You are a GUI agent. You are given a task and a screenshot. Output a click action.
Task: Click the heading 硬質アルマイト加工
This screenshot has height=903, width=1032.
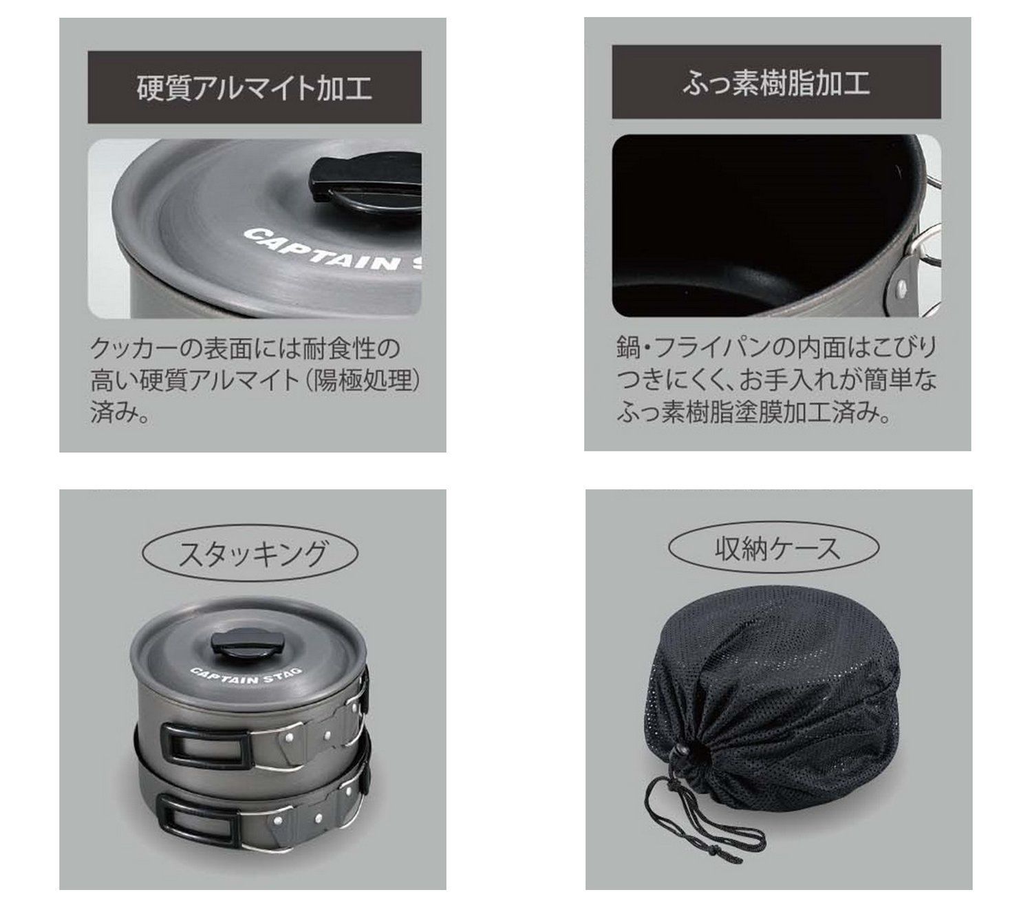click(x=254, y=88)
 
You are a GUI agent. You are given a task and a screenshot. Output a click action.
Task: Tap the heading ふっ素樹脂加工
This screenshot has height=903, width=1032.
click(x=776, y=83)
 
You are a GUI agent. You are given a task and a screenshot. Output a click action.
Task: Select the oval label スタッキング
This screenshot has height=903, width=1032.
click(x=250, y=553)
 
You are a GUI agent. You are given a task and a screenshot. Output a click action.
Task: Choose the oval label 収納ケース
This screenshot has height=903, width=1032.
click(x=774, y=548)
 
